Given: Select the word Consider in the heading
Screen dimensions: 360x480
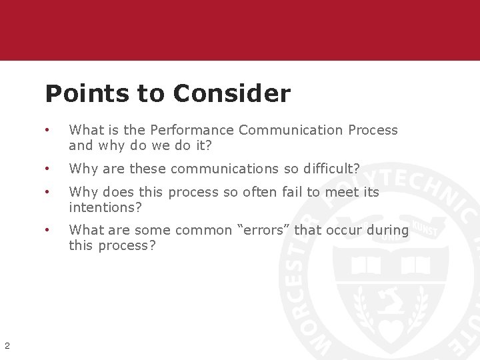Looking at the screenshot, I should (x=231, y=94).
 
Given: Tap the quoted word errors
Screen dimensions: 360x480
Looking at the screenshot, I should (x=263, y=230).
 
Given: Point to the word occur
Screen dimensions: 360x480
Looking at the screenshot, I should (x=347, y=230).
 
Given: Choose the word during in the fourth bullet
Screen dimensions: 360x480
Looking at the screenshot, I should (x=390, y=230).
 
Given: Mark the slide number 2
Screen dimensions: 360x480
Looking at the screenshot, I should (x=7, y=345).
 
